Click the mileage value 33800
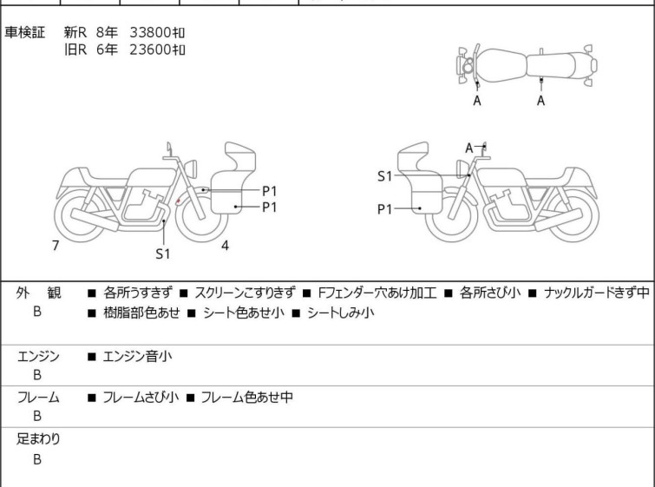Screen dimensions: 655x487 [151, 32]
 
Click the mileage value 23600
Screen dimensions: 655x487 [151, 49]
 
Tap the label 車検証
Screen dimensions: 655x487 [24, 32]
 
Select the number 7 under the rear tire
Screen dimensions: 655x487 [56, 246]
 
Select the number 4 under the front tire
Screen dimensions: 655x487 [226, 246]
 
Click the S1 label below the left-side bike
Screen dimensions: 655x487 [163, 253]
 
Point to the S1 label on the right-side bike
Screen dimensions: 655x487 [384, 176]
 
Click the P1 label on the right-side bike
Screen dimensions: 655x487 [384, 209]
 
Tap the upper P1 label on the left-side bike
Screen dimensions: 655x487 [270, 191]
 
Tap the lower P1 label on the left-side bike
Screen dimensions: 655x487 [270, 207]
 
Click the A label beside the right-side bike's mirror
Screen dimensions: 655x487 [469, 148]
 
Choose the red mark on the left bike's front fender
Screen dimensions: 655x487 [179, 201]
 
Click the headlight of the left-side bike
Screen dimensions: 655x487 [191, 168]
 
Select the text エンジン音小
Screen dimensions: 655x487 [137, 356]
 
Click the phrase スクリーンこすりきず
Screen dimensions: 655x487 [245, 293]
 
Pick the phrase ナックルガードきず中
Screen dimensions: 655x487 [597, 293]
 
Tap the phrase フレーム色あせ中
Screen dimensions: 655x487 [247, 397]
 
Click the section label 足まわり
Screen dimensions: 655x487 [38, 439]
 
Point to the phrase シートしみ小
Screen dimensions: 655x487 [340, 313]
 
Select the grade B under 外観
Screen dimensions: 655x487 [37, 312]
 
